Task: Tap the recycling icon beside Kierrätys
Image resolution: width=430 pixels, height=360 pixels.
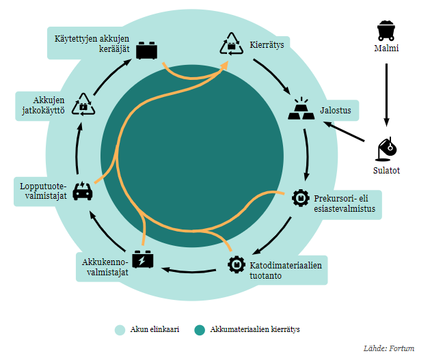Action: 231,44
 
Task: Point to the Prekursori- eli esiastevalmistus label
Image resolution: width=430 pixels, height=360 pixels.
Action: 345,204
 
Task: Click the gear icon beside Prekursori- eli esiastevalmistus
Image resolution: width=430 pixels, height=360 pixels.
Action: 300,198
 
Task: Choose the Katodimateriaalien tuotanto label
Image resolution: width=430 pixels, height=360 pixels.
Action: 286,269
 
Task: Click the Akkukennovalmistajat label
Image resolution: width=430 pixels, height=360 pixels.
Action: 105,267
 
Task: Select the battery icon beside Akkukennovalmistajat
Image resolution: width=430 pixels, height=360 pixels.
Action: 143,261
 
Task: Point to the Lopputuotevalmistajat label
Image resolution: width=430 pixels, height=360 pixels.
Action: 42,192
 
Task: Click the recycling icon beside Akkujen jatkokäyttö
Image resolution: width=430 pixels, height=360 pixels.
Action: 83,105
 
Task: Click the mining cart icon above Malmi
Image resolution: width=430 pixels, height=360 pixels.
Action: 386,30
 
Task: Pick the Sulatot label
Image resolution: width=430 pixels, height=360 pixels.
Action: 387,170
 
